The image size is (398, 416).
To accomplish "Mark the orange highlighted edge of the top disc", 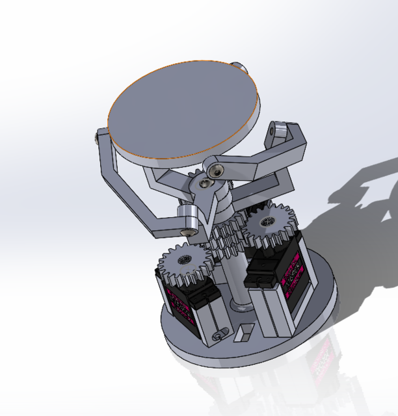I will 150,158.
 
